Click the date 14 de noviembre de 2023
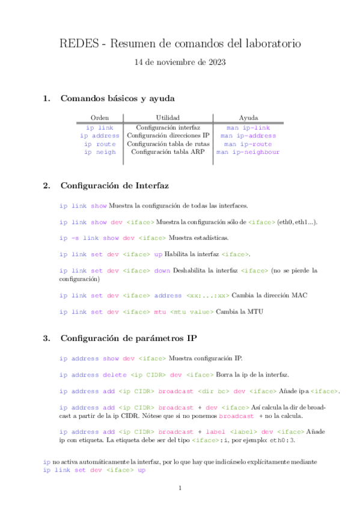pos(180,62)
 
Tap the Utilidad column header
pos(168,117)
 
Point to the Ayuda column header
pos(248,117)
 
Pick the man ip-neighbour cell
pos(248,152)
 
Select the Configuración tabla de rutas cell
pos(168,144)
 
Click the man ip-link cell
pos(248,127)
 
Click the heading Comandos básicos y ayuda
pos(118,99)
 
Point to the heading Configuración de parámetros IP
pos(128,338)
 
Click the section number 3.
pos(46,338)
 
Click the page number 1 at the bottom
pos(180,488)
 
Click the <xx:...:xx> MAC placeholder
pos(208,295)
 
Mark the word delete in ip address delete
pos(115,375)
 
